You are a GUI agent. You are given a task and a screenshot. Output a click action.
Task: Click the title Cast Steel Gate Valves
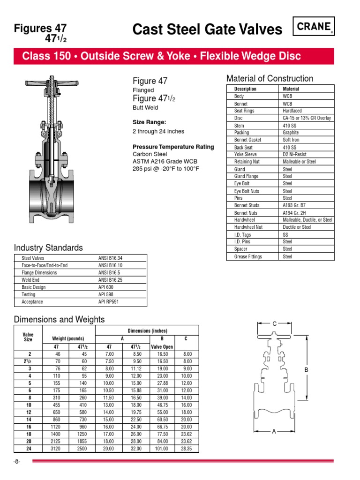(x=208, y=30)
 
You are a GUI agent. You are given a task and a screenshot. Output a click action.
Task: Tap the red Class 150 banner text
(x=162, y=57)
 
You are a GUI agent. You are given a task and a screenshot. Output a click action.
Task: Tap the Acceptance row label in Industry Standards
(x=32, y=302)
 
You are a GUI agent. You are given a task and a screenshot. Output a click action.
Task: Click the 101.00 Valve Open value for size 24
(x=162, y=449)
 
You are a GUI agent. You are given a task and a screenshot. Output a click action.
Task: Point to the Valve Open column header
(x=162, y=347)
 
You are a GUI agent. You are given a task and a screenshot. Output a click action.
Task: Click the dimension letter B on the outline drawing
(x=306, y=370)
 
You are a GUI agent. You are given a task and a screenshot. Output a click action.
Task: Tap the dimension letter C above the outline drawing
(x=275, y=324)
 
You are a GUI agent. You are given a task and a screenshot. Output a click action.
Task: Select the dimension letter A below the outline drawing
(x=274, y=432)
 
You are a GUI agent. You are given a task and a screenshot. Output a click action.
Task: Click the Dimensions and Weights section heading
(x=60, y=320)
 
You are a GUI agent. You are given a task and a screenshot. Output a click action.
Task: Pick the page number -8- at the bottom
(x=18, y=462)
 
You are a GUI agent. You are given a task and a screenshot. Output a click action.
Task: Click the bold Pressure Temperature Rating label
(x=173, y=147)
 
